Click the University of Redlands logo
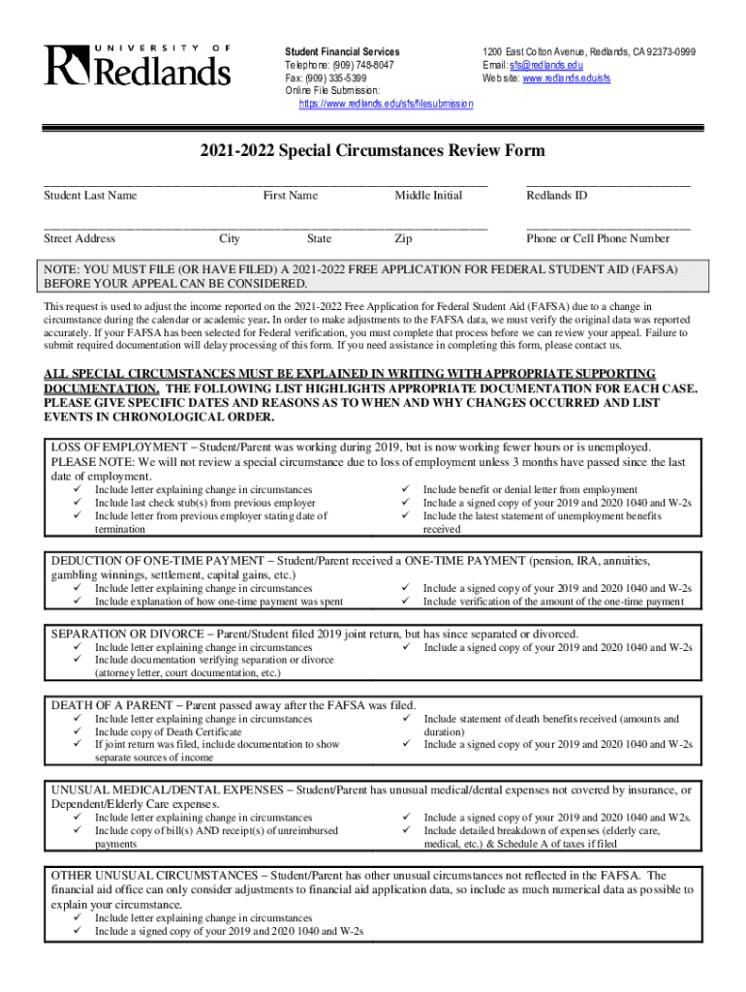coord(137,65)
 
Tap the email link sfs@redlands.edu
coord(546,65)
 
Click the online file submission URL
coord(386,104)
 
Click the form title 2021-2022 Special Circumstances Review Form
coord(372,151)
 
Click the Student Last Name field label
coord(90,196)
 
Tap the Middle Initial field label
coord(428,196)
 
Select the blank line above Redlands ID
coord(607,183)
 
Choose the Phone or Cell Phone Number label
coord(598,238)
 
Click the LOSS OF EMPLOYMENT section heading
coord(118,448)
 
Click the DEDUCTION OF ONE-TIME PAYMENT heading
coord(156,561)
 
